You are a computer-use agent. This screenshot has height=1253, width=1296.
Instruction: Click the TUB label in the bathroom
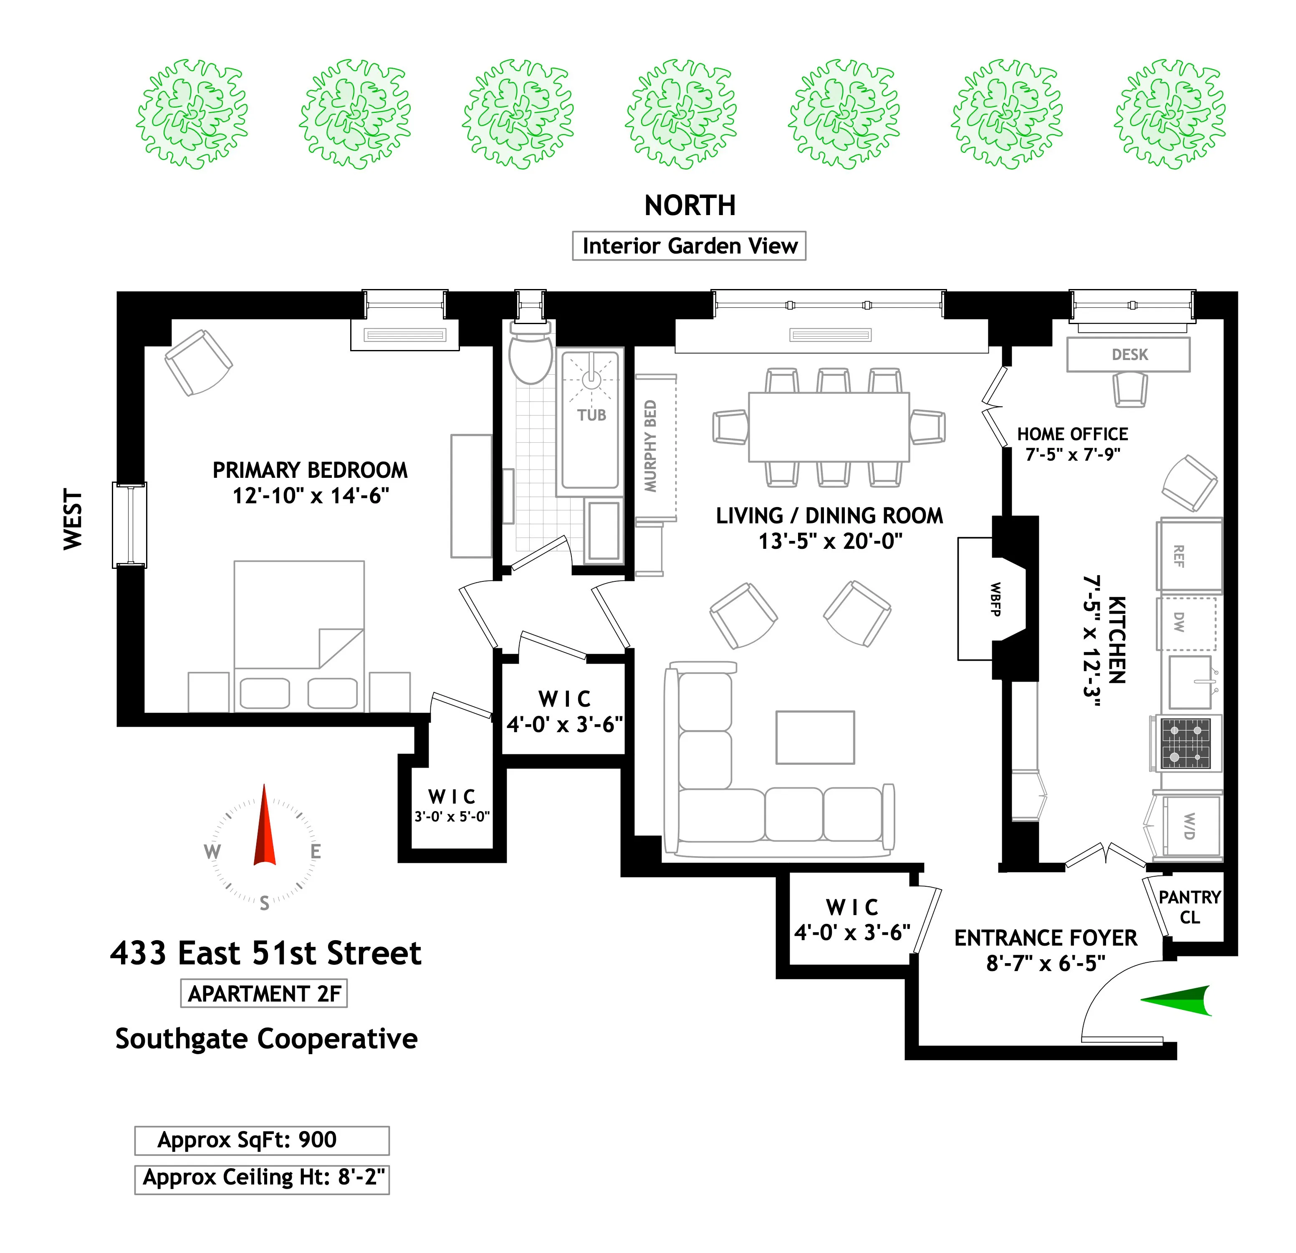(591, 416)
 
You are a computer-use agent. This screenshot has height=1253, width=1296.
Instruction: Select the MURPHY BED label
(651, 446)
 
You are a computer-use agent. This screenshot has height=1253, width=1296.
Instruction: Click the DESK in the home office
(1128, 355)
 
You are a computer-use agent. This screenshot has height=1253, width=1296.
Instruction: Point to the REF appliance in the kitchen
(1189, 556)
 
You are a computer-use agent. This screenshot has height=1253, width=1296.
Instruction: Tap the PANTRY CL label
(1189, 907)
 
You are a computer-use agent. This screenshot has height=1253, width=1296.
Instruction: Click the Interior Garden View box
(689, 246)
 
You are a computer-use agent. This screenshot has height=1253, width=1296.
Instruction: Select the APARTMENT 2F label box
(264, 994)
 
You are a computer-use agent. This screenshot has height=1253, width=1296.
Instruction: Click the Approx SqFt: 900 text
(247, 1140)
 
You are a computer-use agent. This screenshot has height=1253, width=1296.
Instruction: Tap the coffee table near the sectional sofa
(815, 738)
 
